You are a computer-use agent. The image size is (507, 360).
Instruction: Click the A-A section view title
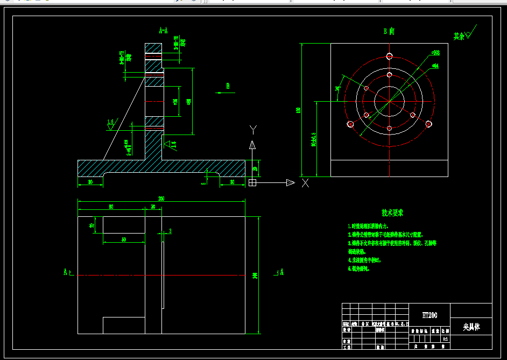pos(163,31)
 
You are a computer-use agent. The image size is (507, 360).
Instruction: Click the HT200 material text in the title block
pos(429,315)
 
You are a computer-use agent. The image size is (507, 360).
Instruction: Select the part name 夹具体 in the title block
pos(470,327)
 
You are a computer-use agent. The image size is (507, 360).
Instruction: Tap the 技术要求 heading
pos(392,214)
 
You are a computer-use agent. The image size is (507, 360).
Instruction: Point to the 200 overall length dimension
pos(161,199)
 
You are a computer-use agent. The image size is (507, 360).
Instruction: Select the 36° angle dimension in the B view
pos(338,89)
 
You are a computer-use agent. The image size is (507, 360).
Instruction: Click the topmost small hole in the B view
pos(389,56)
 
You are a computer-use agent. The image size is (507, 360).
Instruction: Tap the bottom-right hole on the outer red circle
pos(428,124)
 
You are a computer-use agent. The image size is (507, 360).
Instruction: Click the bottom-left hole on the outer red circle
pos(350,124)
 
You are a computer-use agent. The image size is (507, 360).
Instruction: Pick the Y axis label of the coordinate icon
pos(253,130)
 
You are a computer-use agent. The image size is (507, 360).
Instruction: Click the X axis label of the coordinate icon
pos(305,183)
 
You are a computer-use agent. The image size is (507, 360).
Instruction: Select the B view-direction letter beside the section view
pos(228,86)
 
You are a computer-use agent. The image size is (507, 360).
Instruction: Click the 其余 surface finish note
pos(459,37)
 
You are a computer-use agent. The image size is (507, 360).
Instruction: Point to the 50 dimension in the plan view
pos(123,239)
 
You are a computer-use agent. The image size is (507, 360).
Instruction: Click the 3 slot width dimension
pos(170,231)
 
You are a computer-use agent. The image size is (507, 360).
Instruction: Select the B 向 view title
pos(389,32)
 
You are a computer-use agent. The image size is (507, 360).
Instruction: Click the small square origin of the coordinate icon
pos(252,183)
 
